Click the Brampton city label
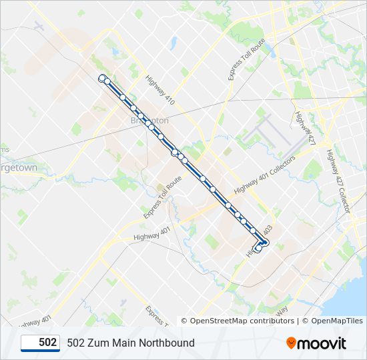[149, 120]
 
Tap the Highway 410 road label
[161, 89]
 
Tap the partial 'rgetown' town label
[19, 168]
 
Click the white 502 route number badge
[41, 343]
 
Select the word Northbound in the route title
[166, 343]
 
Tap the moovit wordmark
[323, 343]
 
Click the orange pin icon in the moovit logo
[292, 343]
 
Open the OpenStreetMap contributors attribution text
[242, 321]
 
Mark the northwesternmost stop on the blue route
[102, 79]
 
